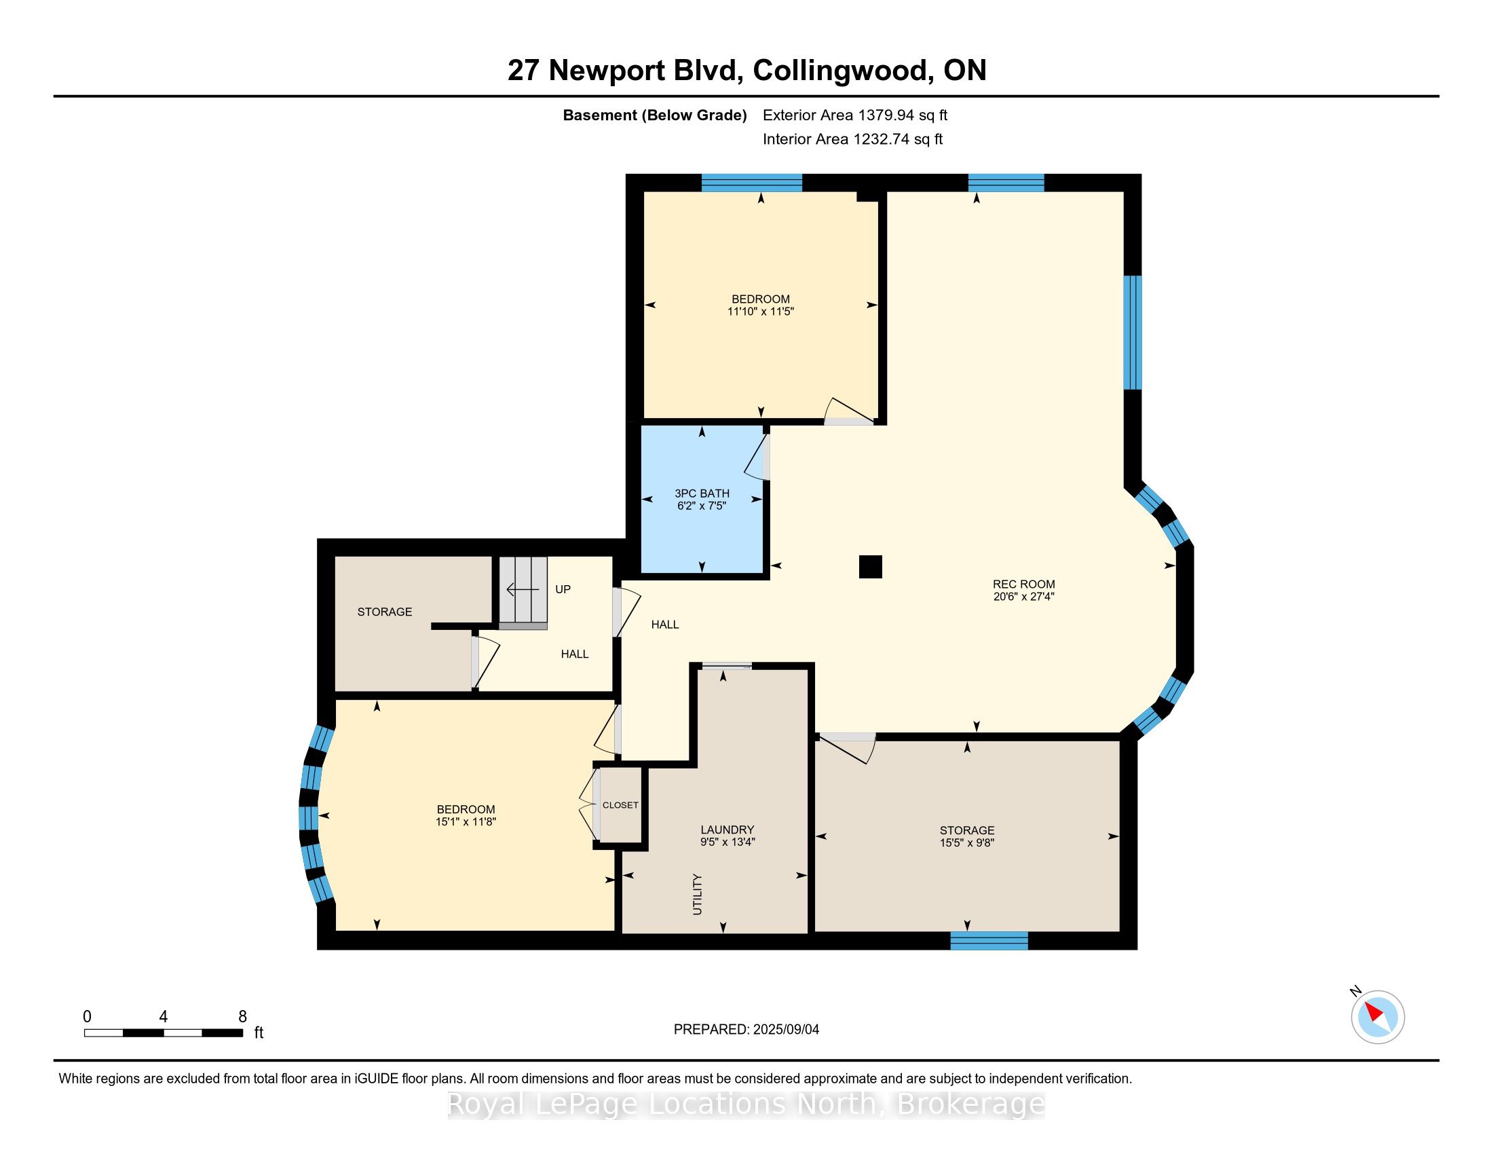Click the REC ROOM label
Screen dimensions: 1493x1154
click(1023, 584)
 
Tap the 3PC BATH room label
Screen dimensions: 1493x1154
click(702, 493)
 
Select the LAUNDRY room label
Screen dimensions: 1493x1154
click(727, 830)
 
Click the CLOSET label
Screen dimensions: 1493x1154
click(620, 804)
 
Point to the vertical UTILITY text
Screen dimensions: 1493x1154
click(697, 894)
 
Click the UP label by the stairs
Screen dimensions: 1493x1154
click(563, 589)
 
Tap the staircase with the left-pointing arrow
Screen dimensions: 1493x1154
click(523, 592)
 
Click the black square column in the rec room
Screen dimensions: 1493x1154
click(870, 567)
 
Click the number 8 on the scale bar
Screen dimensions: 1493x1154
click(242, 1016)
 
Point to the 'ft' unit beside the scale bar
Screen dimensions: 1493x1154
click(259, 1032)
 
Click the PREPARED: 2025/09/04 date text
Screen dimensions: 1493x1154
click(746, 1029)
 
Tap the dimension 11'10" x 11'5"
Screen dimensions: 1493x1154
click(760, 311)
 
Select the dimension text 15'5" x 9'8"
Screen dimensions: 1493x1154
click(966, 842)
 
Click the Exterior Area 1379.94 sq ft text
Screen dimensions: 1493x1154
click(855, 115)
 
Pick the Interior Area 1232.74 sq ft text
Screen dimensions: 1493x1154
click(852, 138)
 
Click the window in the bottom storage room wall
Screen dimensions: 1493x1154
click(989, 941)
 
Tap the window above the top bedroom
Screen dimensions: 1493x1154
click(752, 183)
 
